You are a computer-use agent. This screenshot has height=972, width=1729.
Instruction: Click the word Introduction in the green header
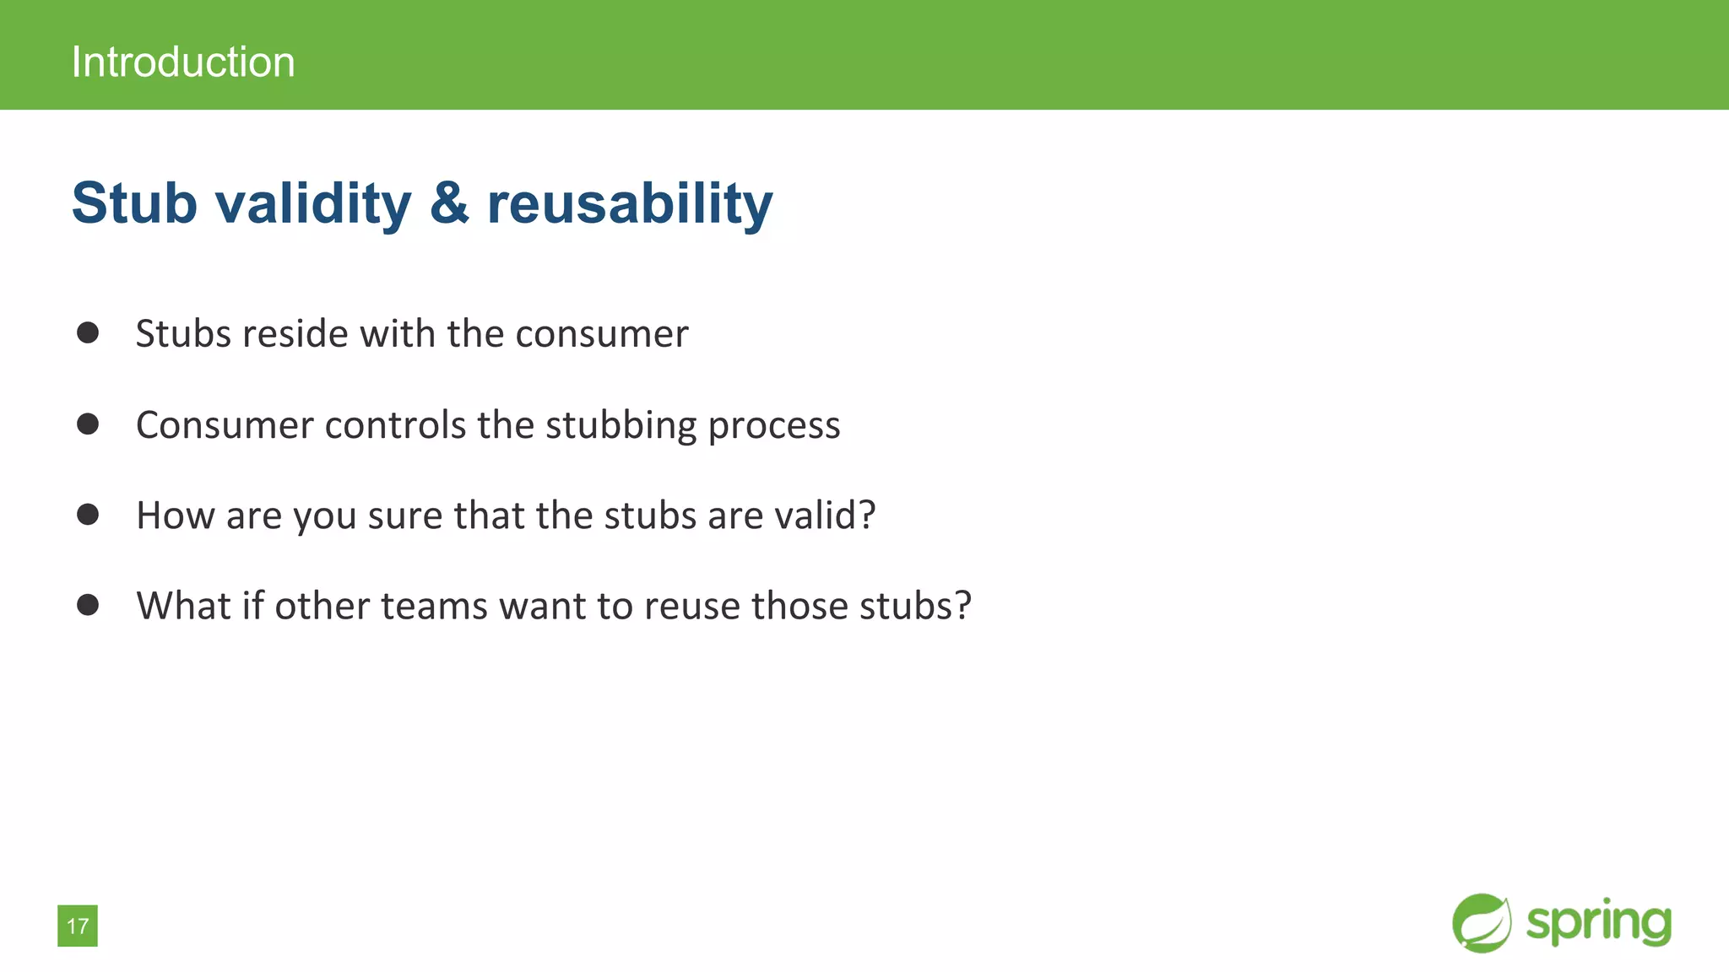183,62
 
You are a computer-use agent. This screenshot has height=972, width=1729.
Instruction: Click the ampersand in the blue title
449,203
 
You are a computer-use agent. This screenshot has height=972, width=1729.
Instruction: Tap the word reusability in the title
630,203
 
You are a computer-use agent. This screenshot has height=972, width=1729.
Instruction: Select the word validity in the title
313,203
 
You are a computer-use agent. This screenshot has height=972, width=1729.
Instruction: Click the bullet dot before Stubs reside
88,332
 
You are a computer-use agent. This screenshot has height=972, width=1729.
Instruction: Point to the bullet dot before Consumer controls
88,424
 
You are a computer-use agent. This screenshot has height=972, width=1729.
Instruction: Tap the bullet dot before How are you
88,514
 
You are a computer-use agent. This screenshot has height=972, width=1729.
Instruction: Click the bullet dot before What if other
88,604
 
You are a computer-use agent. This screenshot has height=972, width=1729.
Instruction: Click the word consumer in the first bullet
602,334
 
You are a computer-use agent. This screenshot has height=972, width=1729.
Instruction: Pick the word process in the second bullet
773,425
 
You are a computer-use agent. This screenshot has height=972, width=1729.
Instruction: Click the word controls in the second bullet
395,425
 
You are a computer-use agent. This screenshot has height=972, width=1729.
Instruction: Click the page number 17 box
78,926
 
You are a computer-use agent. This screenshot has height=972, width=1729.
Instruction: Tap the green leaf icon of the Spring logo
1482,923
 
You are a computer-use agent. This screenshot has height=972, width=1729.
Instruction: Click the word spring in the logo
1598,923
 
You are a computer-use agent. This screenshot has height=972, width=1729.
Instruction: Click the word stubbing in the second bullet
621,425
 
